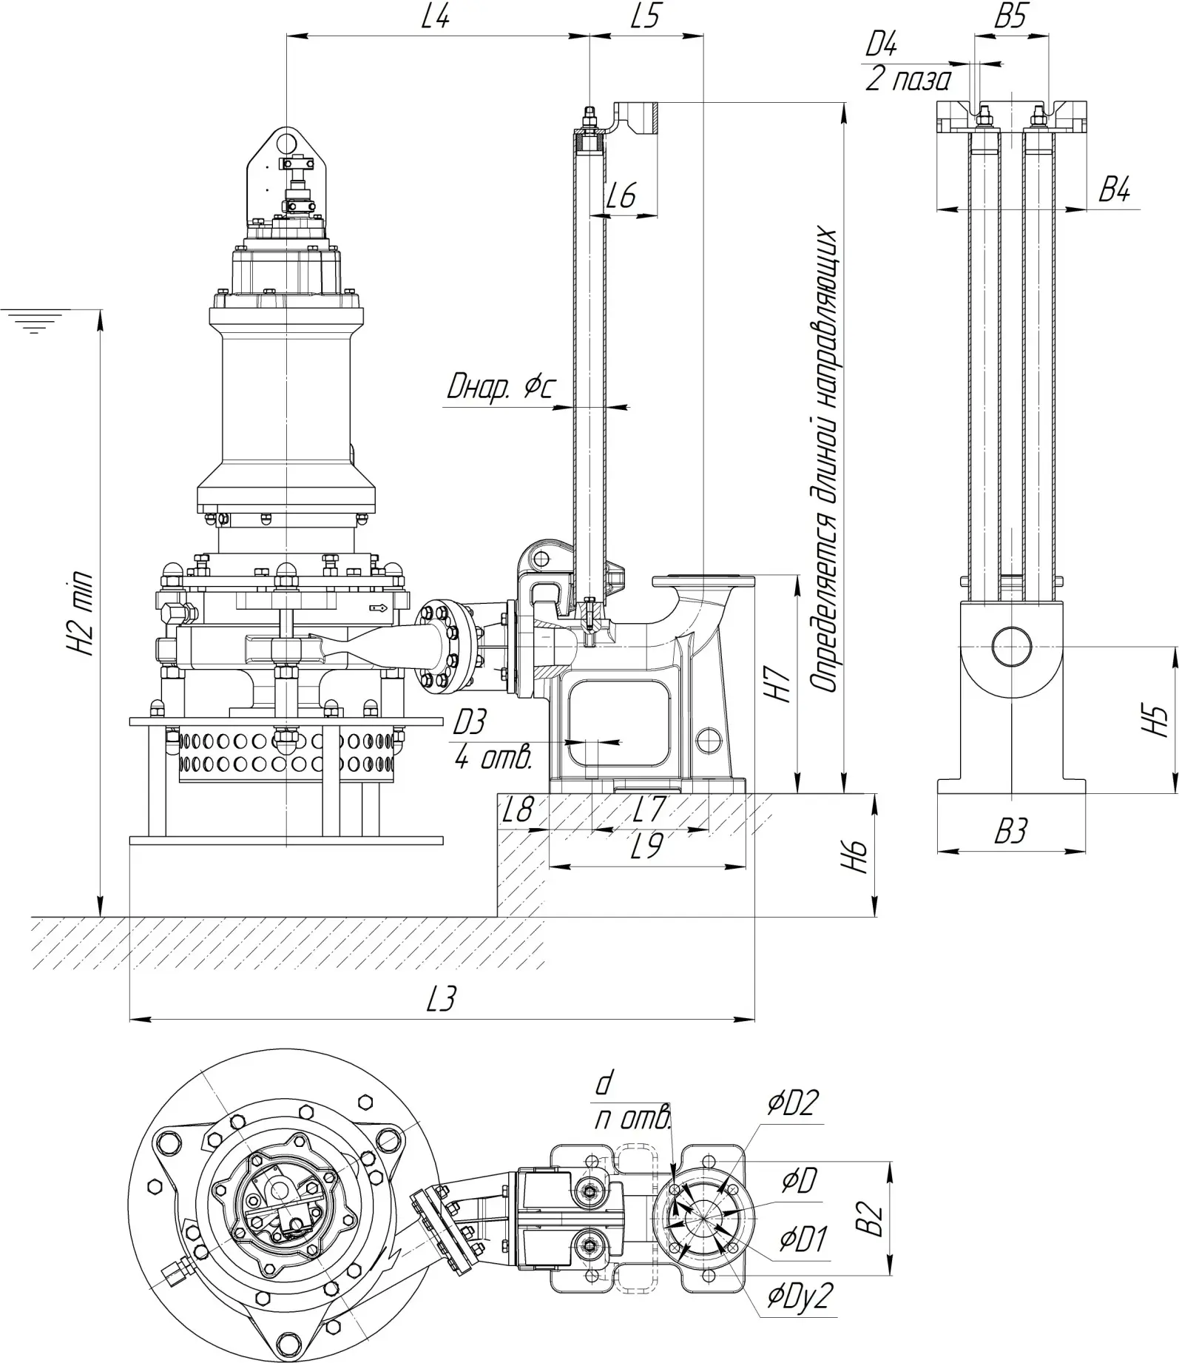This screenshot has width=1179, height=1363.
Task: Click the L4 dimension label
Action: click(435, 17)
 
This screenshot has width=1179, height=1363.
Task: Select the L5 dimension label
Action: click(645, 17)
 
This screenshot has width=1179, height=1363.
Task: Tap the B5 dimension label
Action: click(1010, 17)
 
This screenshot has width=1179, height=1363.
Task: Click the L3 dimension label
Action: click(442, 1000)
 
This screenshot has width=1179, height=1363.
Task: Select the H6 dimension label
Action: click(858, 856)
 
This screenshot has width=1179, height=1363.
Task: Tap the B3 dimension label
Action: click(1010, 832)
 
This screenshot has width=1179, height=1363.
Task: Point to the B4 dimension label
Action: click(1114, 191)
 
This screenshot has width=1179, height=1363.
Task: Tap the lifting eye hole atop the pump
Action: click(285, 138)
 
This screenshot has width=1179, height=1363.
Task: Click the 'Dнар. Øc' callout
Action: click(501, 388)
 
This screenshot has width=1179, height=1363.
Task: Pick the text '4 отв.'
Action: click(493, 758)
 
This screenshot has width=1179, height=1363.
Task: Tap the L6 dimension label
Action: click(621, 197)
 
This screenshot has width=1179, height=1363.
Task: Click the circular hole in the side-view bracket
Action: click(1011, 646)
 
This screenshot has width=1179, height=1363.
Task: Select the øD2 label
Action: click(793, 1103)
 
